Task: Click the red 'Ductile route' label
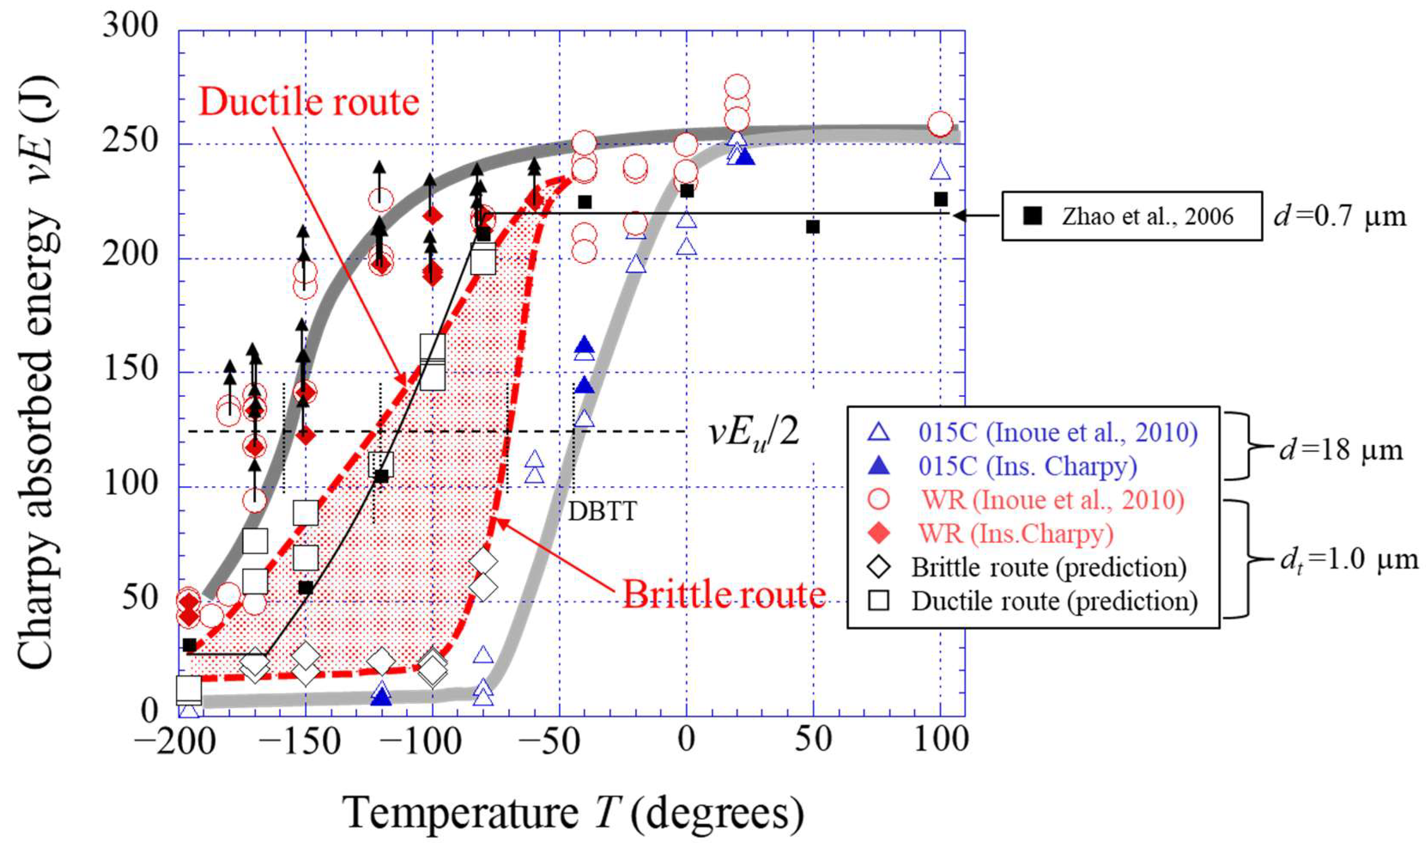pos(309,102)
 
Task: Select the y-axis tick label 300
pos(130,26)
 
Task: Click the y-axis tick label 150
pos(130,370)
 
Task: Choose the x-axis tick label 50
pos(813,740)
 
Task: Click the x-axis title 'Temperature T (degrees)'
pos(573,813)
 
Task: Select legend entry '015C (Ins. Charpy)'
pos(1027,466)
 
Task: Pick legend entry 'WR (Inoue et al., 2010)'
pos(1053,500)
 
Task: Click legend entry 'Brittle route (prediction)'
pos(1048,567)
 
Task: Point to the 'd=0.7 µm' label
pos(1339,216)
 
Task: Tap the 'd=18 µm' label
pos(1341,450)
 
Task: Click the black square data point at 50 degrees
pos(813,227)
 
